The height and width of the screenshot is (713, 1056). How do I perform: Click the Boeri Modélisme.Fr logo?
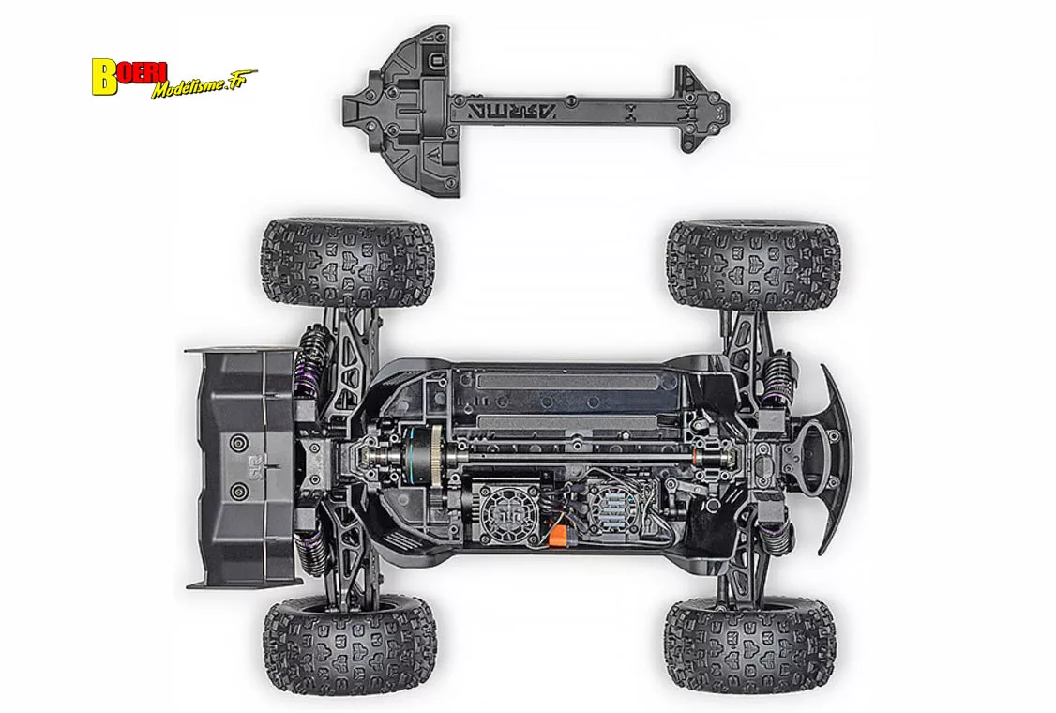tap(173, 78)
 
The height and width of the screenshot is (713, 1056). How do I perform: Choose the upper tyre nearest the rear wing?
tap(346, 264)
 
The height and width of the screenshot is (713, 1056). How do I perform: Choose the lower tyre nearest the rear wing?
tap(349, 645)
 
